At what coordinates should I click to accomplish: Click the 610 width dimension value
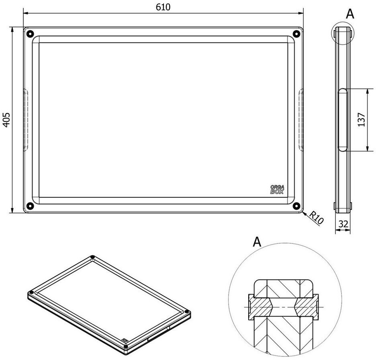coord(163,7)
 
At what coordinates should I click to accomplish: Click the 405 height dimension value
coord(6,119)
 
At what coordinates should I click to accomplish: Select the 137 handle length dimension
coord(362,119)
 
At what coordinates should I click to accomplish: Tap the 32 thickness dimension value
coord(343,224)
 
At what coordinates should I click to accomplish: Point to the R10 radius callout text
coord(316,218)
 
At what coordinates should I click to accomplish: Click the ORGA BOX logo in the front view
coord(277,189)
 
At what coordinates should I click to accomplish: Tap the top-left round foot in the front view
coord(30,33)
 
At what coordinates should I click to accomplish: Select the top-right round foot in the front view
coord(296,33)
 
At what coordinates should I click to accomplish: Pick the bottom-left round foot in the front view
coord(30,206)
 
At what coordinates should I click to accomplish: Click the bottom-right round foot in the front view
coord(296,206)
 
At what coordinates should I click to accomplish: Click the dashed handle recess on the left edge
coord(26,120)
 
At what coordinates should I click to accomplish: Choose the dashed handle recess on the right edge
coord(301,120)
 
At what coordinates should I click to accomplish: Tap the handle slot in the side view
coord(343,120)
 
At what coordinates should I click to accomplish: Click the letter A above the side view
coord(350,14)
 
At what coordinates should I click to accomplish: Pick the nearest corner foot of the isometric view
coord(125,346)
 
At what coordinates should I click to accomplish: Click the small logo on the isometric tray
coord(124,340)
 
